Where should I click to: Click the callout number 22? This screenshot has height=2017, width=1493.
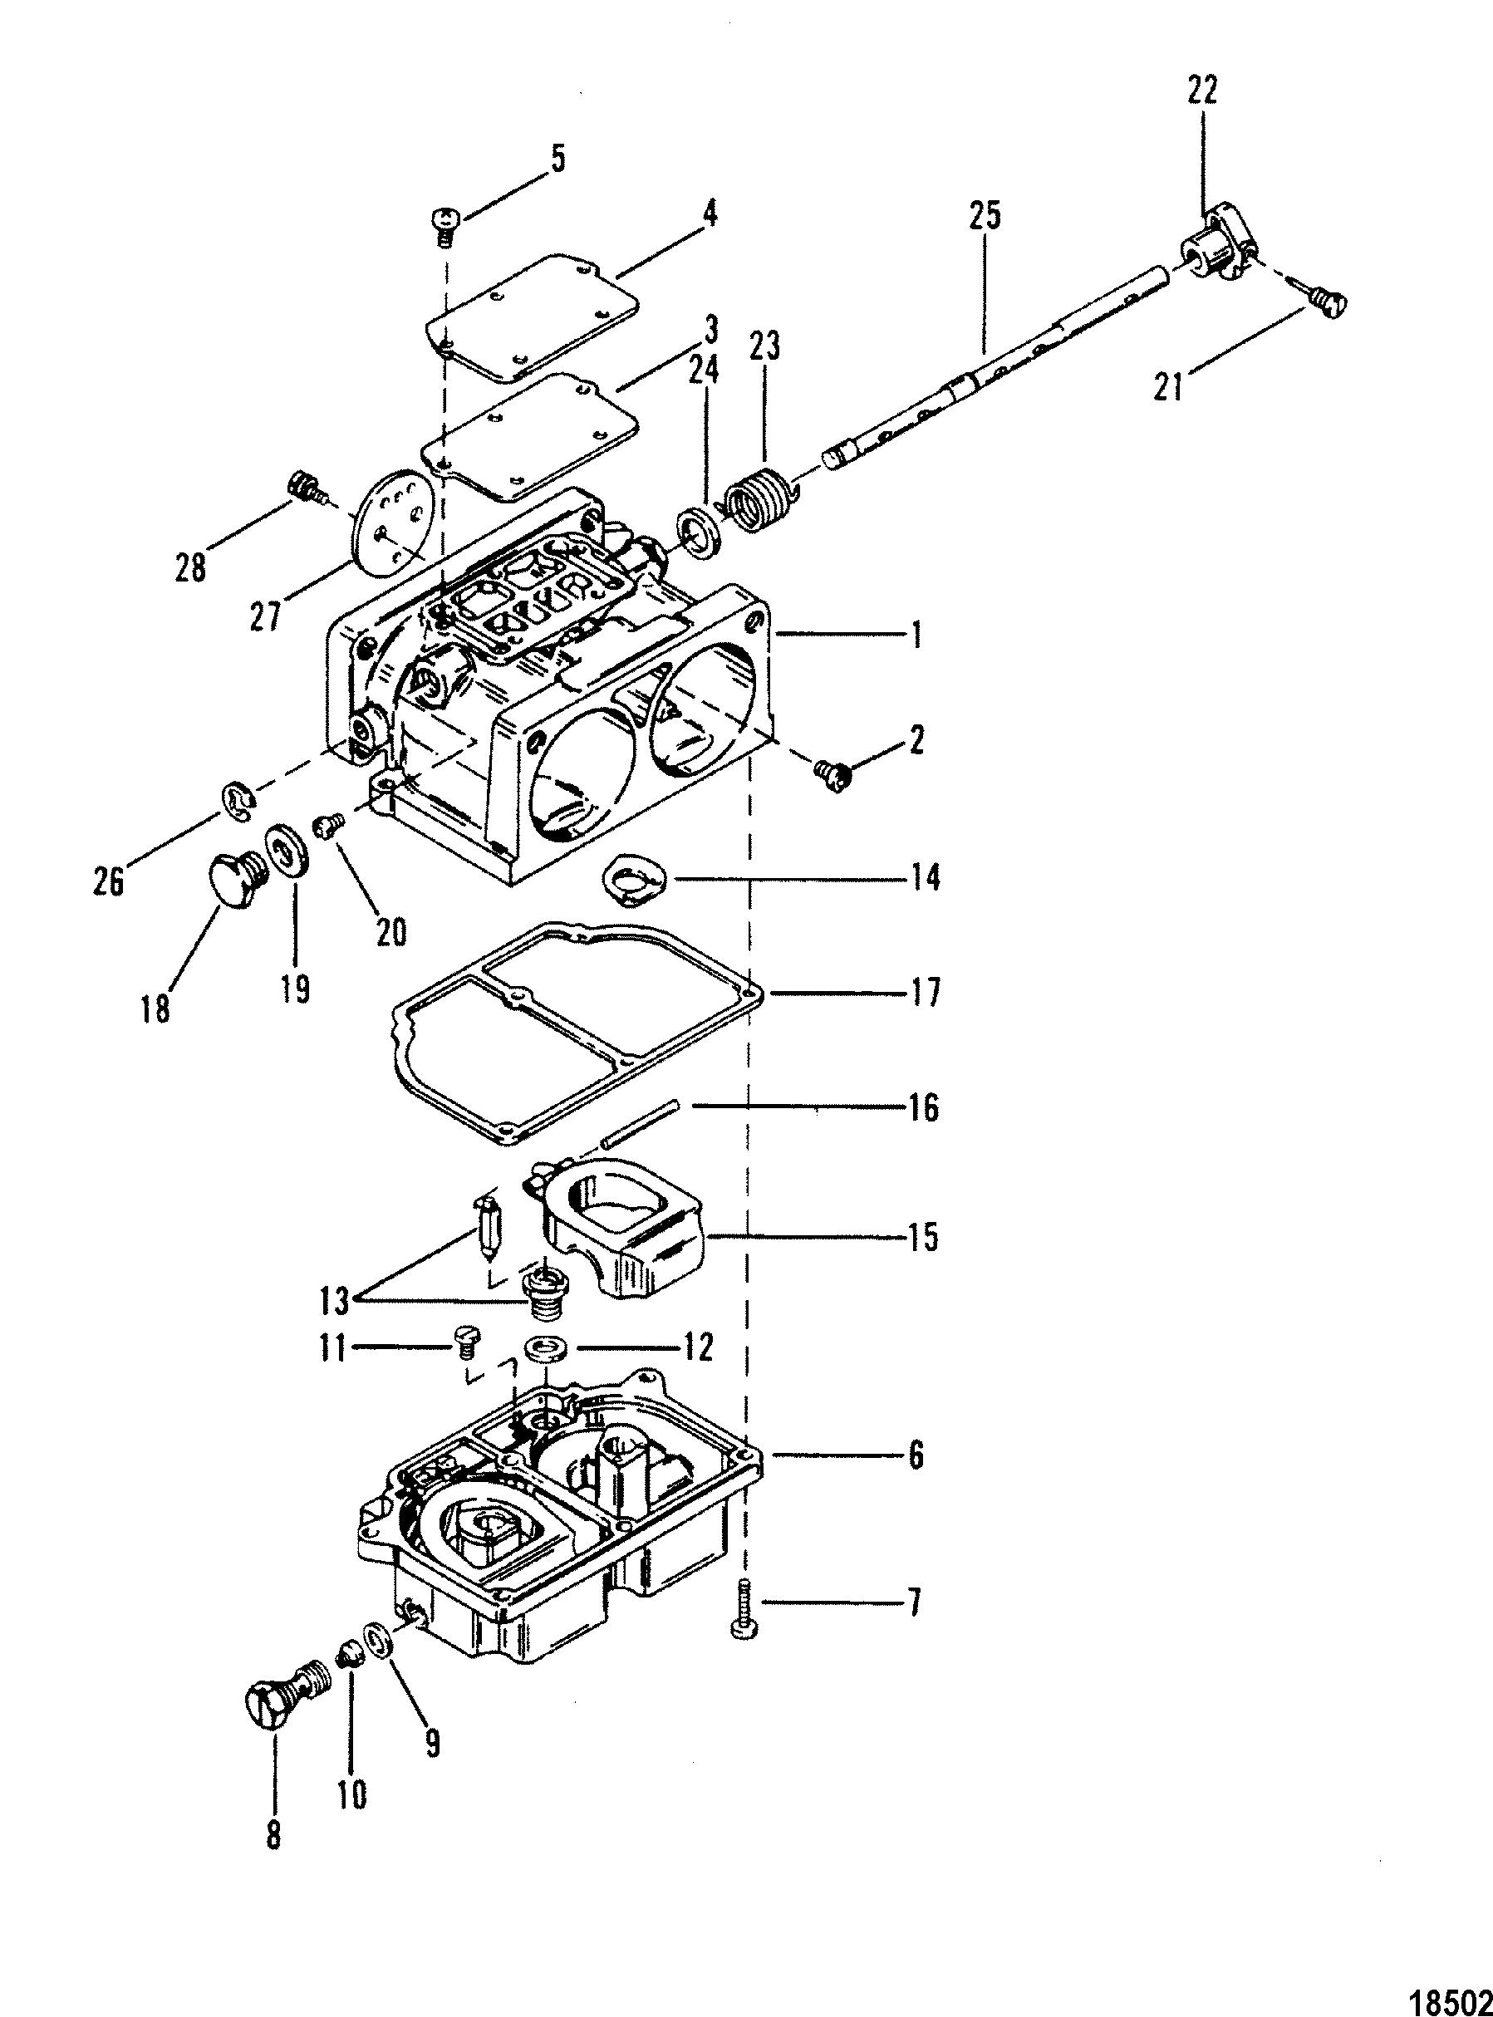(1203, 91)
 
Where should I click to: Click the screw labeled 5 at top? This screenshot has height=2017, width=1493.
(444, 224)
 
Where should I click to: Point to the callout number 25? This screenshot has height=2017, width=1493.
(985, 220)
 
